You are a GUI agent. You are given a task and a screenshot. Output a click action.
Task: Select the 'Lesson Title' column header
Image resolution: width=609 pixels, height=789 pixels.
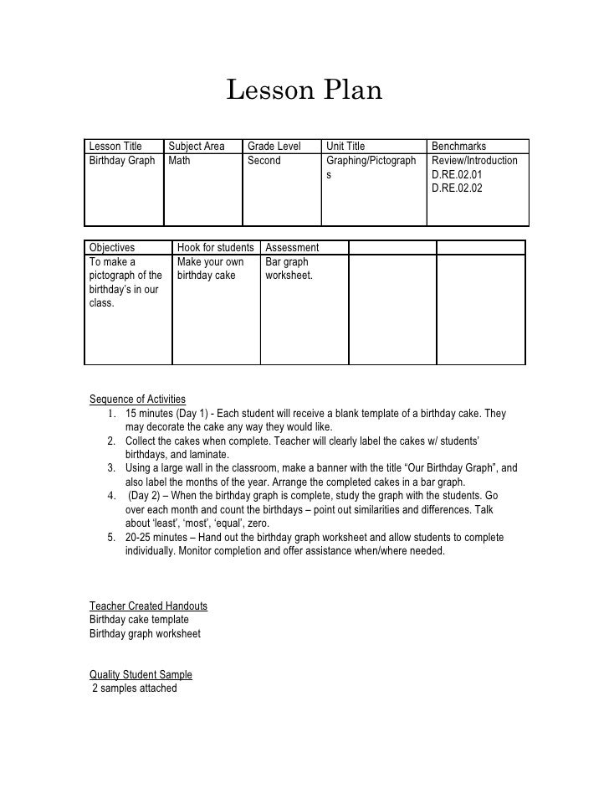[115, 147]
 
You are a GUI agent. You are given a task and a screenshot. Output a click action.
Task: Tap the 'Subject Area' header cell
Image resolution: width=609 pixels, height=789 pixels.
[197, 147]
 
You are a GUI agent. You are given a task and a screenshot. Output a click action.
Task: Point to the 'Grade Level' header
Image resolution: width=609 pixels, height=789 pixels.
[273, 147]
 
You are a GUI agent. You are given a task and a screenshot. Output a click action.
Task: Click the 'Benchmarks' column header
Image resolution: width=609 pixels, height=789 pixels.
[458, 147]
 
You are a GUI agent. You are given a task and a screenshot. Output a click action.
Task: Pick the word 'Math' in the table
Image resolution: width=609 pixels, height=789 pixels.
[180, 161]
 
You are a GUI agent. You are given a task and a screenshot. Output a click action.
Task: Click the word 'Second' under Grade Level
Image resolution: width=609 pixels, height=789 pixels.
[264, 161]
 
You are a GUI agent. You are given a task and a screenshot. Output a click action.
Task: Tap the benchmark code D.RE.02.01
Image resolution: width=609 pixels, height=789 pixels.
[457, 175]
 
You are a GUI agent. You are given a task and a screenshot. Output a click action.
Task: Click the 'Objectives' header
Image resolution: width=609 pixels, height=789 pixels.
[112, 248]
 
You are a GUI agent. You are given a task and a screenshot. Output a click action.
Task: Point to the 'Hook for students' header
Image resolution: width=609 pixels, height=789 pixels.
[215, 248]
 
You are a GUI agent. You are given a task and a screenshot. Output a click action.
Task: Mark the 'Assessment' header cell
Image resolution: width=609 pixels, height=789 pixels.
[292, 248]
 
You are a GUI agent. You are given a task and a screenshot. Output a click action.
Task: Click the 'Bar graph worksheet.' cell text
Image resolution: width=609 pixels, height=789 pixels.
[289, 269]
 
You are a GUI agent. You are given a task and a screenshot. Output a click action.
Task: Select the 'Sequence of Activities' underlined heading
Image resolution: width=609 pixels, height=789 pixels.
[137, 399]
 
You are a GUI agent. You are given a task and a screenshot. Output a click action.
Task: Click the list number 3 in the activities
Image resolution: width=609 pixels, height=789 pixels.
[111, 469]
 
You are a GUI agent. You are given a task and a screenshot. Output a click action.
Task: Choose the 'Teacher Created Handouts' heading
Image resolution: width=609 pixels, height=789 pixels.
[148, 606]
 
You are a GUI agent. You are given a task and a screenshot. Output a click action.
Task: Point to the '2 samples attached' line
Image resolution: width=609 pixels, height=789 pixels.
[134, 688]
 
